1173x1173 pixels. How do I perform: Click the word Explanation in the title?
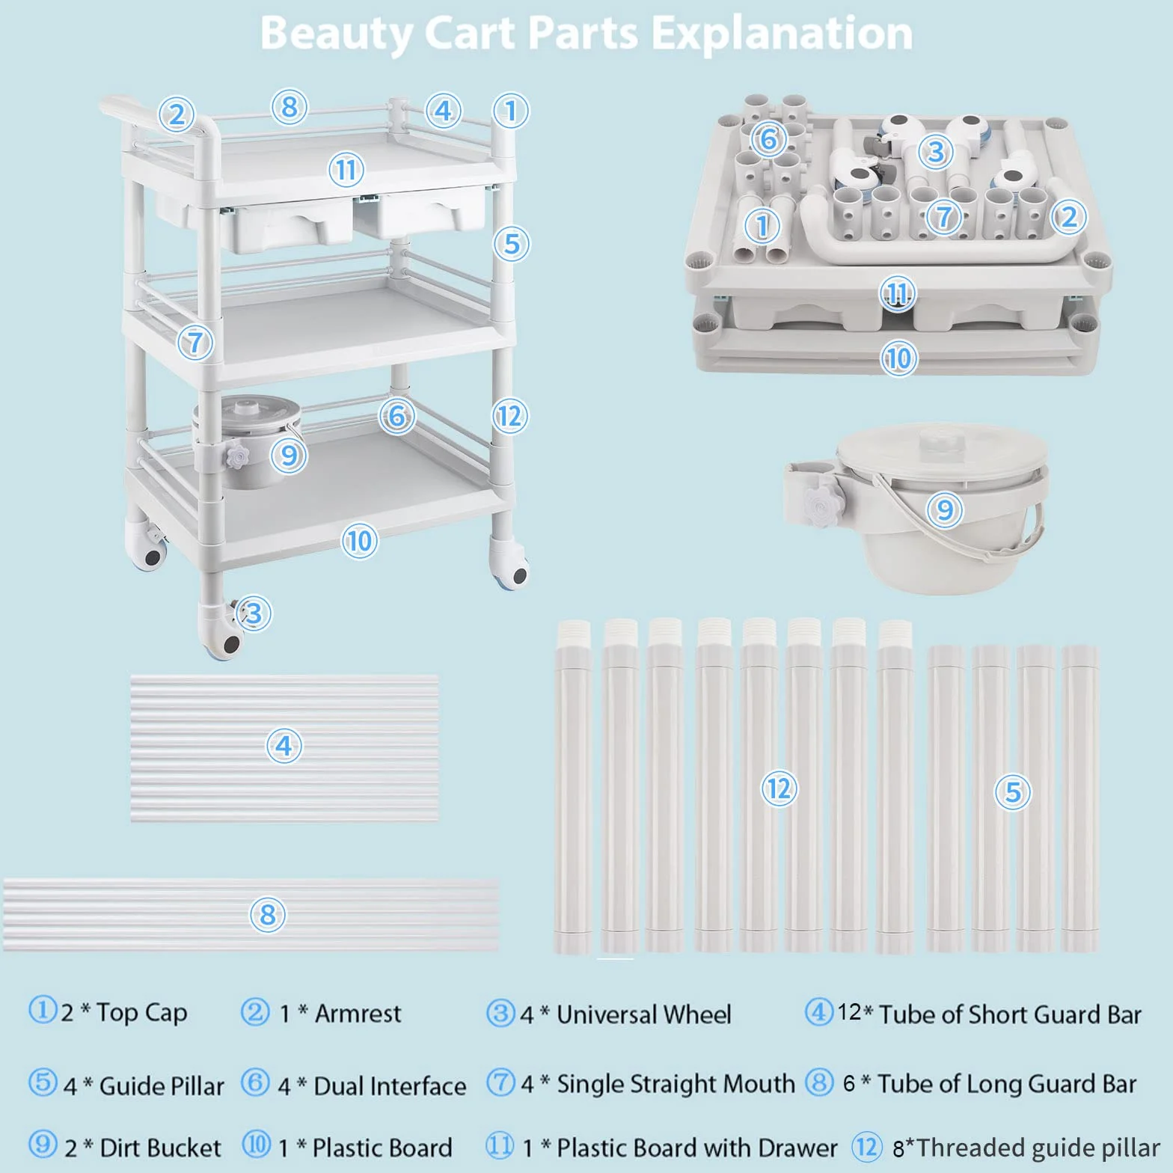click(x=782, y=34)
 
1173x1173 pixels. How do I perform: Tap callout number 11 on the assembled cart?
click(x=346, y=170)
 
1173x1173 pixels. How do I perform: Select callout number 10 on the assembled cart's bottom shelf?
click(x=360, y=540)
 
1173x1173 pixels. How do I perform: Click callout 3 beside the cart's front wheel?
click(x=254, y=613)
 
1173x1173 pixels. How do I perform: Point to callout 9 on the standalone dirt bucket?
click(x=945, y=509)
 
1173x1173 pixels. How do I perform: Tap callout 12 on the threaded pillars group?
click(x=779, y=788)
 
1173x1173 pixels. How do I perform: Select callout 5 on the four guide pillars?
click(x=1013, y=791)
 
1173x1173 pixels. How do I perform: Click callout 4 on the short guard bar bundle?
click(x=284, y=746)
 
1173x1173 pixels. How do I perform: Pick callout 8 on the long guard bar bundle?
click(x=268, y=914)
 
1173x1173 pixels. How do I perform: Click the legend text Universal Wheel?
click(x=644, y=1014)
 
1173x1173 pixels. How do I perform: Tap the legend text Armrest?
click(x=358, y=1014)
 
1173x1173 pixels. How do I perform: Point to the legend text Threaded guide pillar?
click(x=1038, y=1148)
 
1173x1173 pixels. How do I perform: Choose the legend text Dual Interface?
click(x=390, y=1086)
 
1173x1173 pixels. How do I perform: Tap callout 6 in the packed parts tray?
click(x=768, y=139)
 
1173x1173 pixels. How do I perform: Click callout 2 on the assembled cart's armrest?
click(x=177, y=114)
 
